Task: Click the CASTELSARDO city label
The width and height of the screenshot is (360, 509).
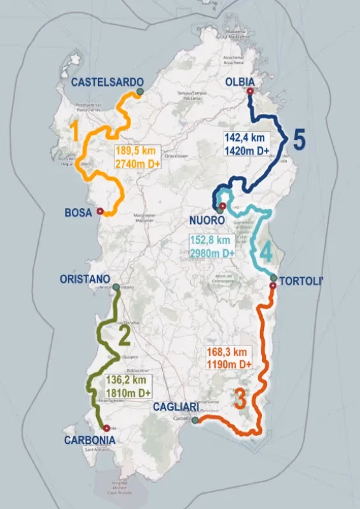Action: [x=103, y=82]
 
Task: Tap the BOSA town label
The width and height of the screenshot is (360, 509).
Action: [x=78, y=213]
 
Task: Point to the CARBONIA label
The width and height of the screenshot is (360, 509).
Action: [x=90, y=440]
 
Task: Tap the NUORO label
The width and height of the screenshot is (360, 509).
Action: [x=207, y=220]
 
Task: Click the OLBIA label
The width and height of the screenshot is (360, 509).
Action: [x=240, y=82]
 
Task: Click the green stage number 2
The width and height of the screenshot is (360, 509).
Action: [x=124, y=335]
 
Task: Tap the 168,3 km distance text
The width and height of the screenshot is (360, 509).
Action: [x=226, y=352]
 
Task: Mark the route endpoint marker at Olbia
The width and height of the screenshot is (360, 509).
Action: [x=249, y=92]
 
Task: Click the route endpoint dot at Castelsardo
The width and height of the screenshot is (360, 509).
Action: [x=139, y=92]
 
